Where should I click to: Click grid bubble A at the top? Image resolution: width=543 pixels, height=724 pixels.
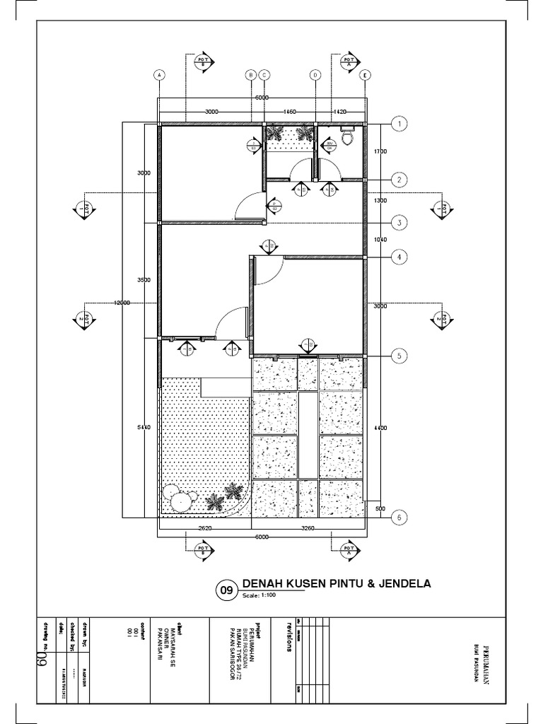tap(160, 74)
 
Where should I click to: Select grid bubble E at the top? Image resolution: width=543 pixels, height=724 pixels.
tap(365, 74)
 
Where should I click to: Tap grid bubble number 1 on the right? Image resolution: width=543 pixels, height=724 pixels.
tap(399, 124)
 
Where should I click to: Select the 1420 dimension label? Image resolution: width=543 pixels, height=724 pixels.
tap(340, 112)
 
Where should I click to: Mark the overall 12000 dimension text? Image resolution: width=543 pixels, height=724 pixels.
tap(122, 303)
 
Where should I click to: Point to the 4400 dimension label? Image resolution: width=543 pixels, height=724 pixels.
tap(380, 427)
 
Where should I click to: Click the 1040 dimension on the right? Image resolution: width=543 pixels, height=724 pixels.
tap(380, 240)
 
